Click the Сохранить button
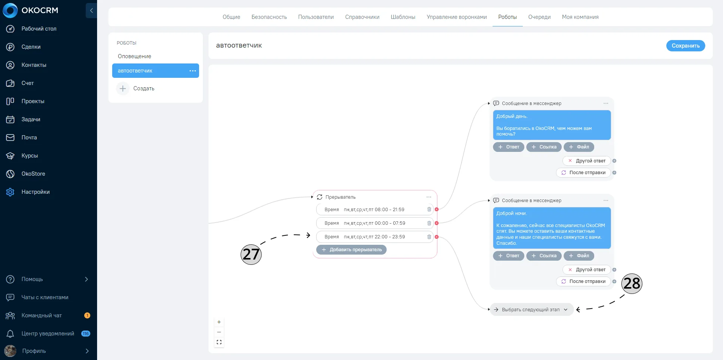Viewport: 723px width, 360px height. click(x=685, y=46)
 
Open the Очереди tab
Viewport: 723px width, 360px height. click(x=539, y=17)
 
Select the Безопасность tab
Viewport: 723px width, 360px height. click(x=269, y=17)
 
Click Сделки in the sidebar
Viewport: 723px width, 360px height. click(x=31, y=47)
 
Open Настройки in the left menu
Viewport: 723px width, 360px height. click(x=36, y=192)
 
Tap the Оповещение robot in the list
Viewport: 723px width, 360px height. click(x=134, y=56)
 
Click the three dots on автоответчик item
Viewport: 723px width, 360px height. click(x=193, y=71)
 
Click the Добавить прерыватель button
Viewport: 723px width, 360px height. click(x=351, y=250)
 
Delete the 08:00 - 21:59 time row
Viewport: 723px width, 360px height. click(x=429, y=210)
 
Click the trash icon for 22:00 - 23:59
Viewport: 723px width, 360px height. click(x=429, y=237)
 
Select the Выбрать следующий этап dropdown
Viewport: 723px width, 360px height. click(x=531, y=310)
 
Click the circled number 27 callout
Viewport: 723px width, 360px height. click(x=251, y=254)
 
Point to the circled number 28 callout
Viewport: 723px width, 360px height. click(x=632, y=284)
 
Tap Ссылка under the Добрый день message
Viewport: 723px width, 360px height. click(x=544, y=147)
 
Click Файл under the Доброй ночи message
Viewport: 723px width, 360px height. click(x=579, y=256)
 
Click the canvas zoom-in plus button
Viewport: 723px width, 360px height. click(x=219, y=322)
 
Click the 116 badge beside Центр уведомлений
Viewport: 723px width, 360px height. click(x=86, y=334)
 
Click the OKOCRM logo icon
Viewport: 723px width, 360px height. click(x=10, y=11)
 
